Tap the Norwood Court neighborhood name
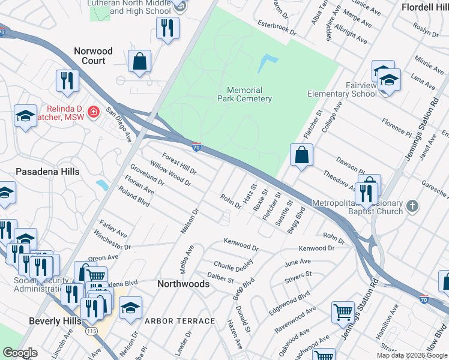click(93, 56)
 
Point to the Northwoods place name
click(183, 284)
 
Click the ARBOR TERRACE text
click(179, 321)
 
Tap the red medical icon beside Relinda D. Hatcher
click(93, 112)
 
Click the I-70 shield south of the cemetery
click(196, 146)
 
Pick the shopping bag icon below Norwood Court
click(139, 61)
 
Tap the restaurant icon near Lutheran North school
click(167, 27)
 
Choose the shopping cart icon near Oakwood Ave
click(343, 311)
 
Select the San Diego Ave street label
click(119, 124)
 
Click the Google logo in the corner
click(20, 353)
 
